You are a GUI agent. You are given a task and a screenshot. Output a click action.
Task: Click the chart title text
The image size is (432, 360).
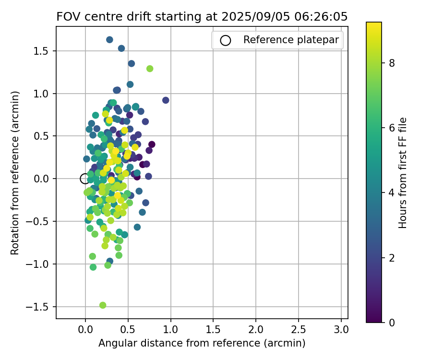point(202,16)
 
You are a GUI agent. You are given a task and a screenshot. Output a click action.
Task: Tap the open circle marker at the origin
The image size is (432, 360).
point(85,179)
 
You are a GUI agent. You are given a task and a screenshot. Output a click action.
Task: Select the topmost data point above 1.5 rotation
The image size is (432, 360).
point(109,40)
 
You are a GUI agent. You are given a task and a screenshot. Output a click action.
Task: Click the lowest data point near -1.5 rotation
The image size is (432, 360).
point(103,305)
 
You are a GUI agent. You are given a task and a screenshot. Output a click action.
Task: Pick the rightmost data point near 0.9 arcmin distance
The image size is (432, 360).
point(166,100)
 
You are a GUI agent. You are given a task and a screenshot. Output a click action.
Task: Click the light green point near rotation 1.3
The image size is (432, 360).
point(150,69)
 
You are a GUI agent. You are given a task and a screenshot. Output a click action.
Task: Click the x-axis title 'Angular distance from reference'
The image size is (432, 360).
point(202,343)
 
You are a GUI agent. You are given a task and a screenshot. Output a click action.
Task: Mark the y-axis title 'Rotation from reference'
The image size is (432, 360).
point(15,173)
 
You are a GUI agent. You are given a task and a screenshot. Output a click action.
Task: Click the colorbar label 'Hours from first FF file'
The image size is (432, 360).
point(403,173)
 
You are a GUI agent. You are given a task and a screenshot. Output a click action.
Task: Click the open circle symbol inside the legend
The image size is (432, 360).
point(226,40)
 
